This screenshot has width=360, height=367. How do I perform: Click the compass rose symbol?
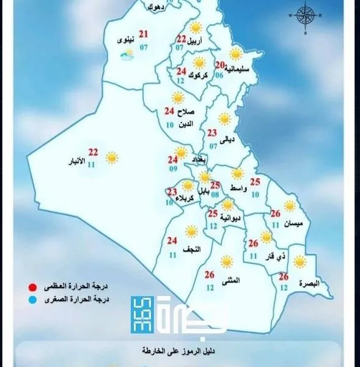[x=306, y=15]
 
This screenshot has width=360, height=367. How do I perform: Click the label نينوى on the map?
[x=126, y=41]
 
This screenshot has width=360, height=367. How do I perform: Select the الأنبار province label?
[x=77, y=163]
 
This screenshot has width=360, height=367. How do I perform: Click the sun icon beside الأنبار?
[x=111, y=158]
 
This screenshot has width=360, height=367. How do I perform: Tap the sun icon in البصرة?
[x=299, y=262]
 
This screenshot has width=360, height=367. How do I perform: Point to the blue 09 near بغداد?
[x=174, y=169]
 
